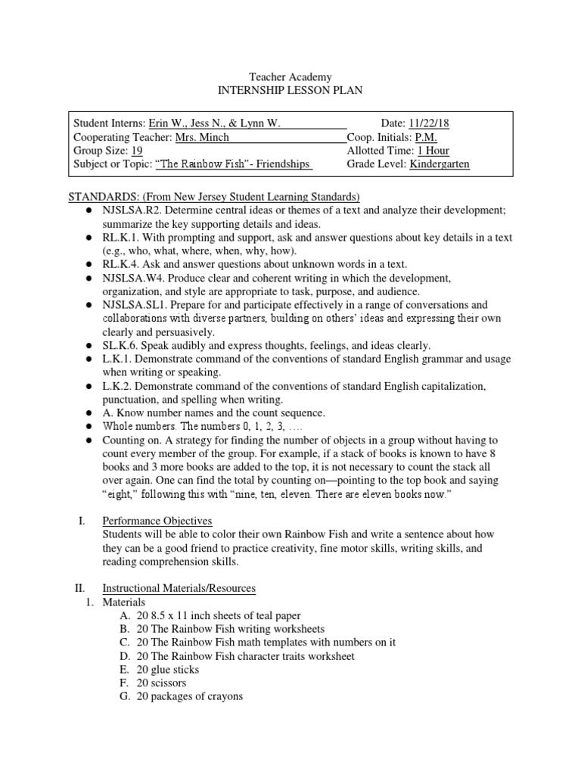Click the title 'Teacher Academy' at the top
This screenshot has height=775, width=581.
[290, 77]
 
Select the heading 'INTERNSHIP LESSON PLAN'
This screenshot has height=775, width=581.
[290, 91]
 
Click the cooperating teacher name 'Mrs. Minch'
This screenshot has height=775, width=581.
[202, 137]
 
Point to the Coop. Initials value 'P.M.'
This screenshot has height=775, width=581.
[426, 137]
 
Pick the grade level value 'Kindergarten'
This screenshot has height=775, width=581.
[440, 164]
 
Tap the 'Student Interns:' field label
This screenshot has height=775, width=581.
[109, 123]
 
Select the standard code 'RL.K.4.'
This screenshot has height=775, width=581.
[120, 264]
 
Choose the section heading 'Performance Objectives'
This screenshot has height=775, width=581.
[157, 521]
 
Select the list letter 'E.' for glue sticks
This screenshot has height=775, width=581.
[124, 670]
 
